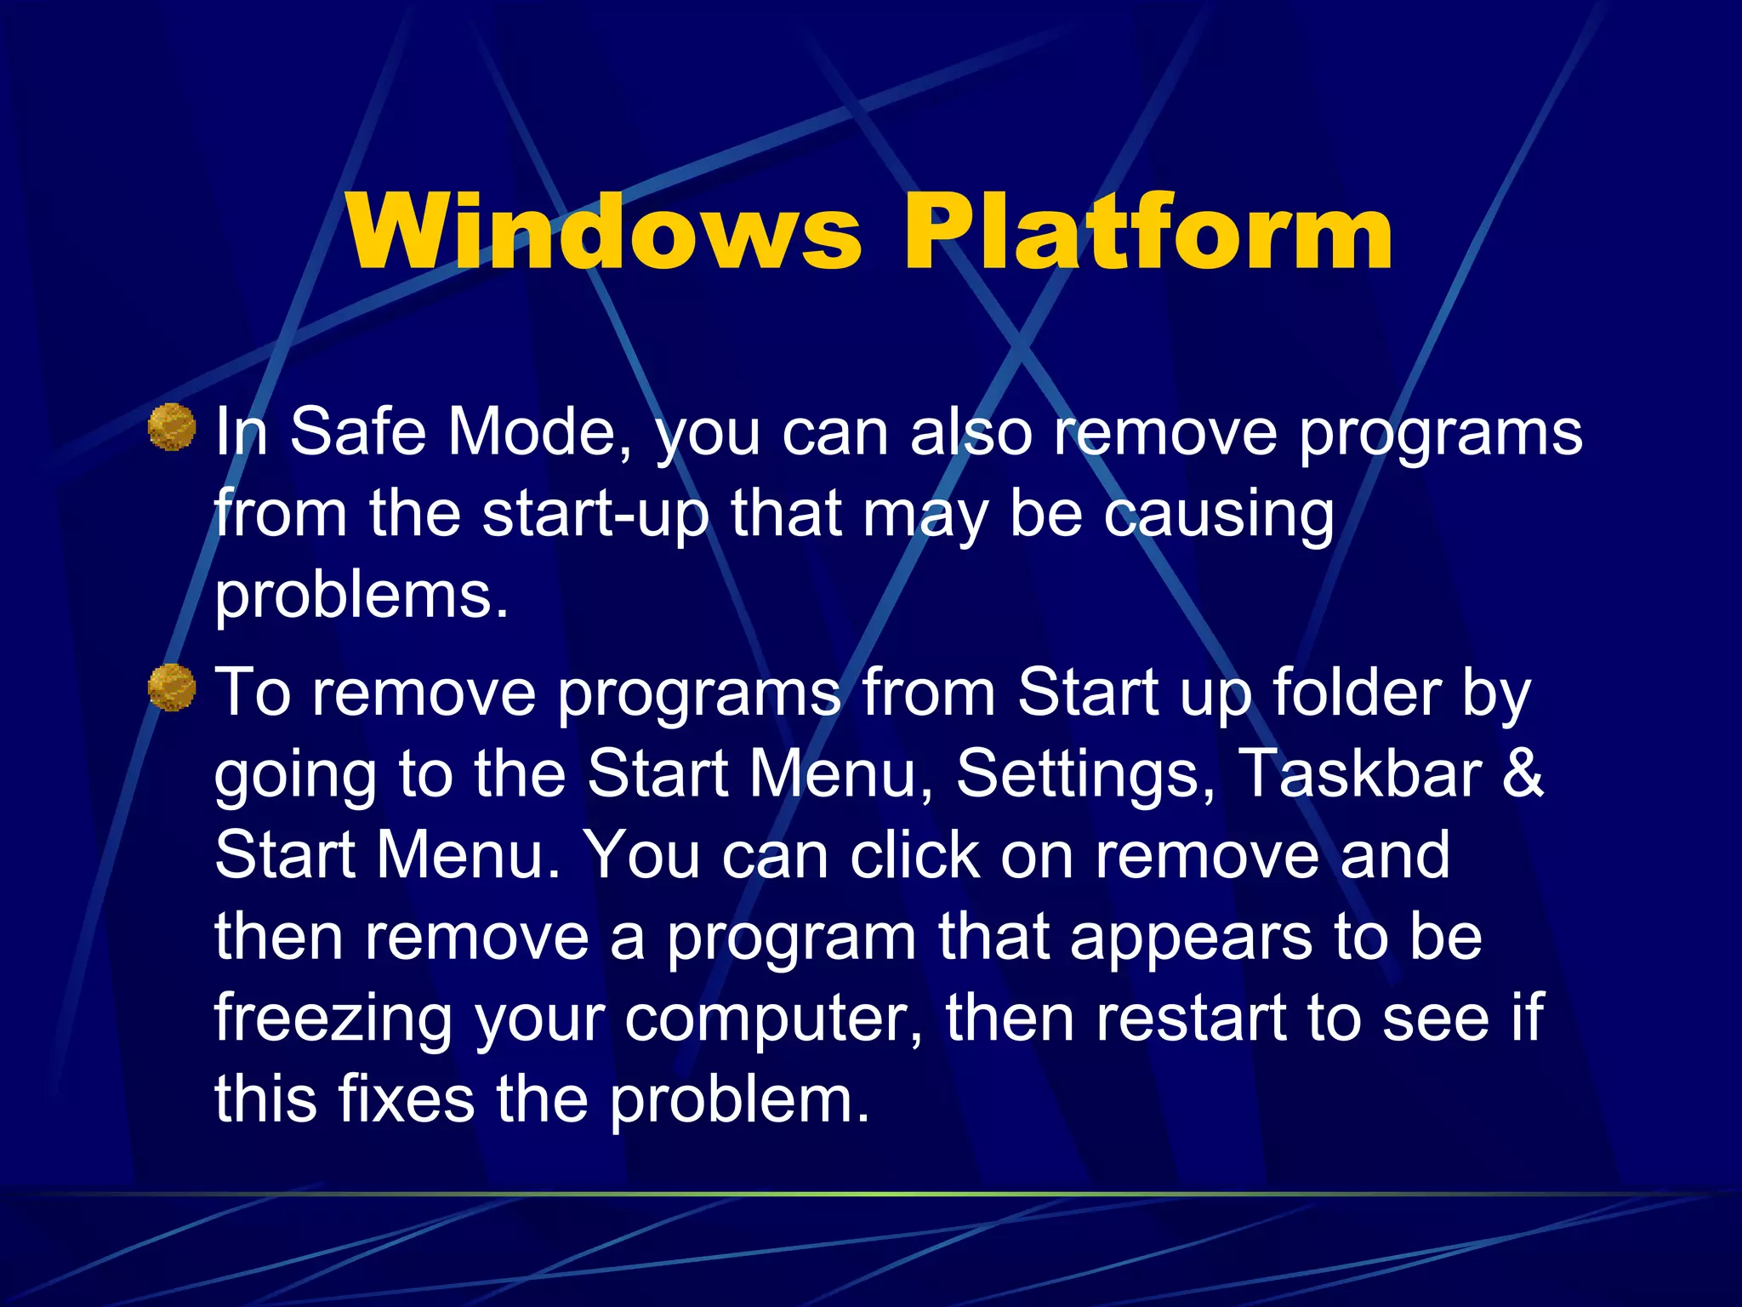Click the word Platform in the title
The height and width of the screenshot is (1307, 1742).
pyautogui.click(x=1147, y=231)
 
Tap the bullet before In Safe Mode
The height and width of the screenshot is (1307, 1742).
pyautogui.click(x=172, y=426)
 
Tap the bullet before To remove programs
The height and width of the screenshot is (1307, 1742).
pyautogui.click(x=172, y=687)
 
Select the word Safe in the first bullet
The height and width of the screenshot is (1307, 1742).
pyautogui.click(x=357, y=432)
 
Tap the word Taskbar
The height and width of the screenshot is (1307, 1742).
pyautogui.click(x=1359, y=774)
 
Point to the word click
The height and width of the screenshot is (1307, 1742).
pyautogui.click(x=915, y=856)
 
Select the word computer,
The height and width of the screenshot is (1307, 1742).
pyautogui.click(x=774, y=1019)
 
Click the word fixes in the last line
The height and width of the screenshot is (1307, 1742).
pyautogui.click(x=407, y=1099)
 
